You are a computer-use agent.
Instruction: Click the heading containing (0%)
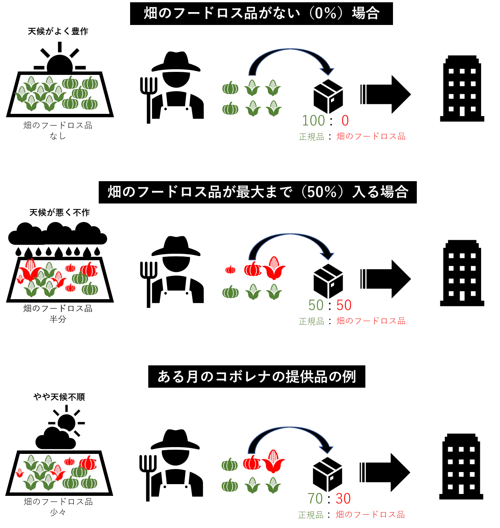261,14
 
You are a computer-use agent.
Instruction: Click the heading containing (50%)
258,192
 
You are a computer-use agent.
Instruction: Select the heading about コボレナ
256,376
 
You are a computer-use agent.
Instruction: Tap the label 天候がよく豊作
58,31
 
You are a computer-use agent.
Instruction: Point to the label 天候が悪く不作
59,213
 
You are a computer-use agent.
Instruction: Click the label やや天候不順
59,397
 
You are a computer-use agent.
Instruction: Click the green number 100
313,120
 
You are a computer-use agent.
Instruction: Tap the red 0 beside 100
345,120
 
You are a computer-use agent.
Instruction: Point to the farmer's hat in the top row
176,62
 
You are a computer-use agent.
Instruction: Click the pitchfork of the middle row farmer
148,284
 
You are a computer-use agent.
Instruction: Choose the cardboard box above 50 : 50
328,281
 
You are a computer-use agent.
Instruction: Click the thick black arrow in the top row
385,94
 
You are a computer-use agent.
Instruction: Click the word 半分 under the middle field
58,319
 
